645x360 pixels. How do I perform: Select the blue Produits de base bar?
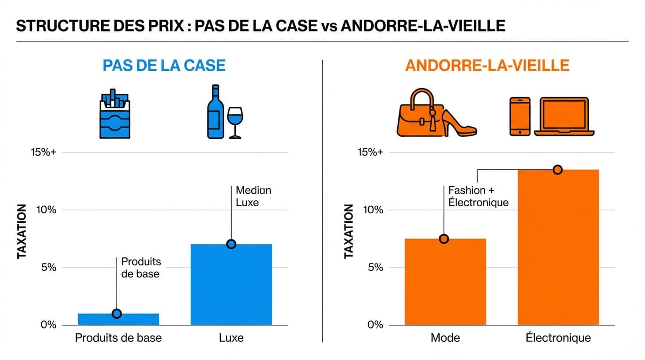click(118, 319)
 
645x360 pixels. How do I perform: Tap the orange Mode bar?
click(445, 282)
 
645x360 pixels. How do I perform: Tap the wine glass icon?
click(235, 122)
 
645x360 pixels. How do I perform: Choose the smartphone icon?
click(520, 117)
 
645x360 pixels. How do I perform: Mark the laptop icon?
click(564, 117)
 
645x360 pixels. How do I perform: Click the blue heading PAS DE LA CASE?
click(164, 65)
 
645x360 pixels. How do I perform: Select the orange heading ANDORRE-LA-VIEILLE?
click(487, 65)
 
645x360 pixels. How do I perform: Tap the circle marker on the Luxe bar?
click(231, 244)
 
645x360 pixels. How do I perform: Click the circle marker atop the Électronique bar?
click(557, 170)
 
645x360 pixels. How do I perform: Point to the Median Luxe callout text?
click(253, 196)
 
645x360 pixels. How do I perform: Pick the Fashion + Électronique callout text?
click(478, 196)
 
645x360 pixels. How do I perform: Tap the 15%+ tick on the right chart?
click(370, 152)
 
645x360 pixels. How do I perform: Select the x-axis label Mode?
click(445, 338)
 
